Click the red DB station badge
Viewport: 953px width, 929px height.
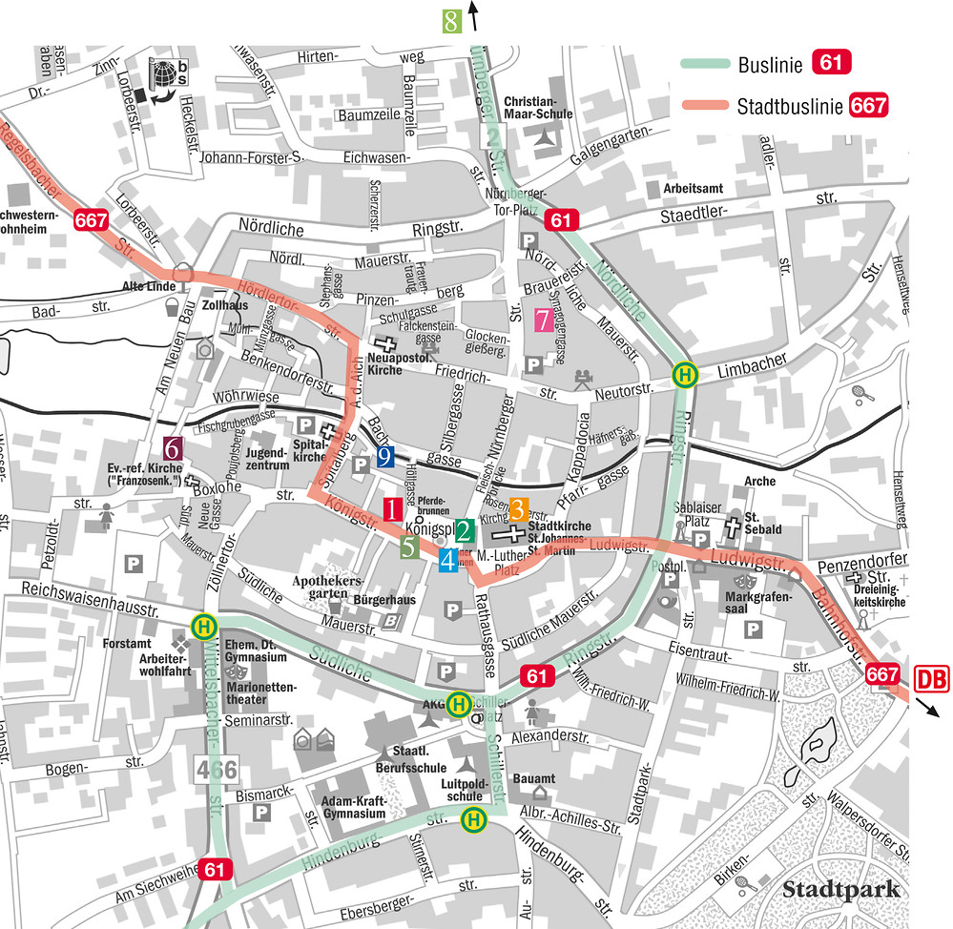pos(932,679)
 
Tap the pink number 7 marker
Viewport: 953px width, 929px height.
pos(542,320)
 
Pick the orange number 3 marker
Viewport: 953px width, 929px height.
pos(518,508)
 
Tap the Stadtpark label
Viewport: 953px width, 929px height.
pos(841,890)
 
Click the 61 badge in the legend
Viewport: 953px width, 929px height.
pos(830,65)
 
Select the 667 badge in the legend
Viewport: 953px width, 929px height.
pos(868,106)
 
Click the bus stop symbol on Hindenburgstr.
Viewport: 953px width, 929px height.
pos(472,819)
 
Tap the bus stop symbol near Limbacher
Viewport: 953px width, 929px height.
pos(683,375)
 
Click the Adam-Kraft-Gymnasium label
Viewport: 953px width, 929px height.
pos(354,808)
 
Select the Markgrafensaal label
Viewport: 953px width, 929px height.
pos(754,602)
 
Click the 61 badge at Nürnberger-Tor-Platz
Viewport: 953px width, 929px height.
pos(562,221)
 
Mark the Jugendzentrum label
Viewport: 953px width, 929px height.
pos(266,459)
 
